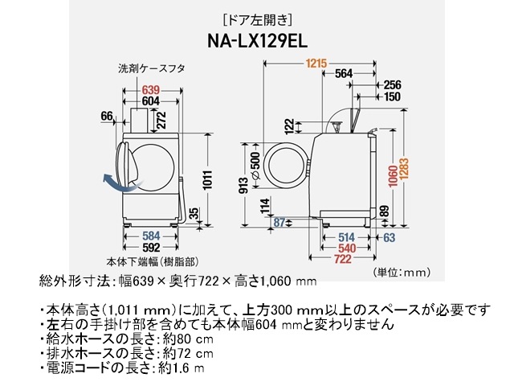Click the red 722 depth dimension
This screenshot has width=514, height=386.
tap(344, 260)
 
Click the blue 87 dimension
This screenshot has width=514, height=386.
tap(279, 221)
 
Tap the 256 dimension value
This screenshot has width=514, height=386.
tap(392, 84)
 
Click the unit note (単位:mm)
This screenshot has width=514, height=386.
tap(401, 273)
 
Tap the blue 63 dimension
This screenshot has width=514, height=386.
tap(389, 238)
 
